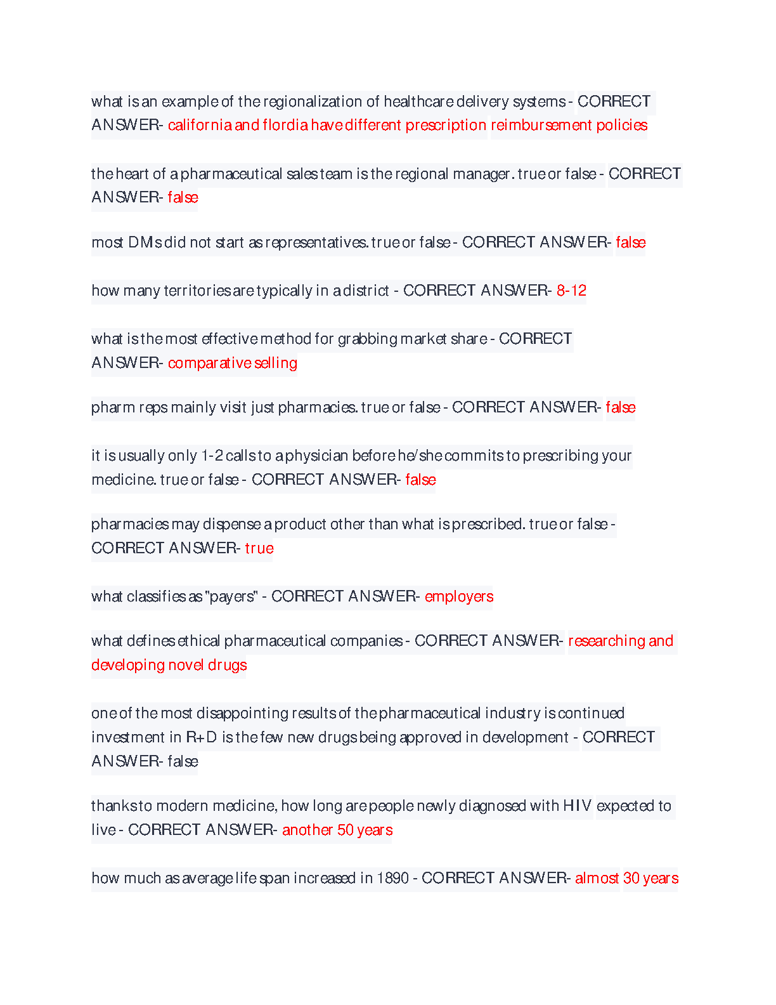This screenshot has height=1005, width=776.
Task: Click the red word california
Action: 200,125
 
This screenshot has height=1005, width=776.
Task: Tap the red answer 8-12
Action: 571,291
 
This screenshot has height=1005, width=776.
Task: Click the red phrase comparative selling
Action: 233,363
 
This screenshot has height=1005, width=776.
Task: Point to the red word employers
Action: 459,596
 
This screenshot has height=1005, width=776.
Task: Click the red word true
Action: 259,548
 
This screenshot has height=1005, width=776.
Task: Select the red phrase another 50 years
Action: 337,830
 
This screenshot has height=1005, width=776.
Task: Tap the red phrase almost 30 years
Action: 626,878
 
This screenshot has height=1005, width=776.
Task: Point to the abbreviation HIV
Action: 577,806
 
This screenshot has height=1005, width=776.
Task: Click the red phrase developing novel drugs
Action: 169,665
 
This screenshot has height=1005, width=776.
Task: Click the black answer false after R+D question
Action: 183,761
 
